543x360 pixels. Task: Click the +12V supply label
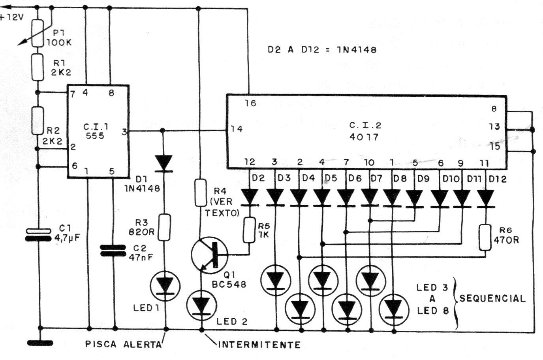pos(12,17)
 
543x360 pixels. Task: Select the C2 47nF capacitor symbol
pos(115,250)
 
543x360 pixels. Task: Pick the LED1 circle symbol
pos(165,284)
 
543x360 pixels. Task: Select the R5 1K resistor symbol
pos(248,230)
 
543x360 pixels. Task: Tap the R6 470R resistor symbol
pos(485,237)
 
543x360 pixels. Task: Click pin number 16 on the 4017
pos(250,104)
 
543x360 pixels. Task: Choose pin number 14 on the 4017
pos(237,129)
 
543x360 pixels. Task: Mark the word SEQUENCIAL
pos(492,298)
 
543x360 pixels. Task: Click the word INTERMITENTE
pos(259,345)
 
